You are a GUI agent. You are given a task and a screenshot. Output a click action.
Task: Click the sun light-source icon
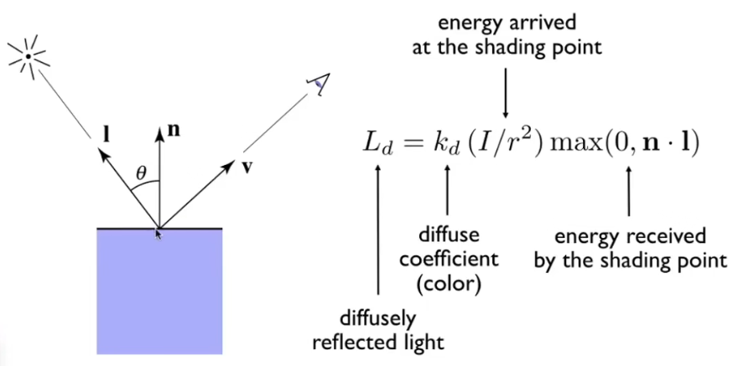click(x=28, y=56)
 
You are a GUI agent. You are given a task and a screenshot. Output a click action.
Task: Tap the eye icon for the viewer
click(x=317, y=81)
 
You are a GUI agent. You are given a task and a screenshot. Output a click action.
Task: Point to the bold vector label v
click(x=246, y=166)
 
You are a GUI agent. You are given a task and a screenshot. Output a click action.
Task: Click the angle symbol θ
click(x=142, y=174)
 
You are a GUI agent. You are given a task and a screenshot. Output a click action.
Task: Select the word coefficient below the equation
click(x=448, y=258)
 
